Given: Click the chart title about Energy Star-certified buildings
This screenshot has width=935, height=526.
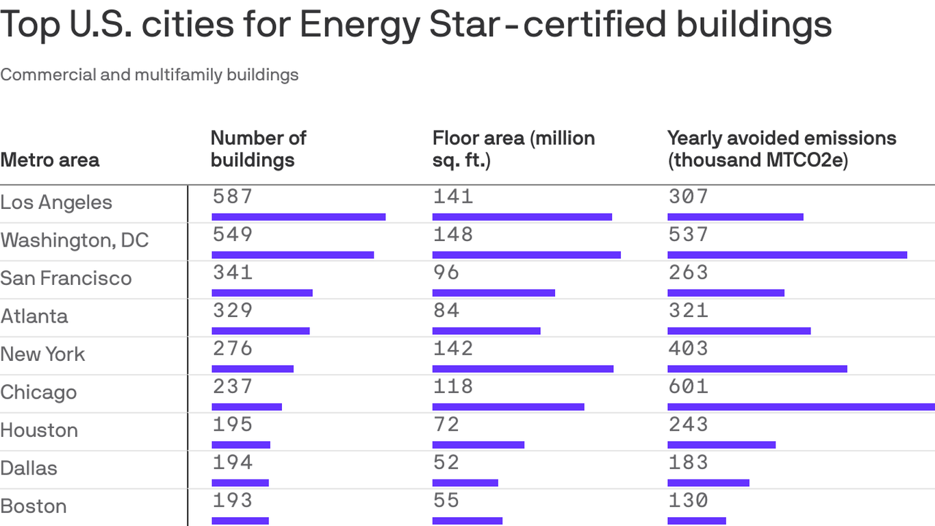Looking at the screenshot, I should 416,24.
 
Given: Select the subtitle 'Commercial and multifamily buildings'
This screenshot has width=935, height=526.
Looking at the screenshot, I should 149,75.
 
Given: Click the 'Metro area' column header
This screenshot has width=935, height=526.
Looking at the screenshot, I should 50,160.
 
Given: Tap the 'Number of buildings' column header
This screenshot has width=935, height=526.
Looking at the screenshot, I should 258,149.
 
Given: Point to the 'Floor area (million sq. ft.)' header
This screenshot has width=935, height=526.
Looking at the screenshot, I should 513,149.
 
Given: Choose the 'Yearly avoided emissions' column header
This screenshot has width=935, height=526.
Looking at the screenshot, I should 781,149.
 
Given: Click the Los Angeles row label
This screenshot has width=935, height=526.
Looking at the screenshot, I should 56,203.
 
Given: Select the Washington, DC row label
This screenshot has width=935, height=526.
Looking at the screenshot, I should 75,240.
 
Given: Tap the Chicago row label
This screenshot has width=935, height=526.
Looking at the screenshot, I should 38,392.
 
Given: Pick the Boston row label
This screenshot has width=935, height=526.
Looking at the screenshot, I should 34,506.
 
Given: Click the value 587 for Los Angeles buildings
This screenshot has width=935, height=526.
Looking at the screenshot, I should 233,197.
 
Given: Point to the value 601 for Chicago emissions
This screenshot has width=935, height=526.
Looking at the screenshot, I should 689,386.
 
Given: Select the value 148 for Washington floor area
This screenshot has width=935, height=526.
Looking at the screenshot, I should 453,234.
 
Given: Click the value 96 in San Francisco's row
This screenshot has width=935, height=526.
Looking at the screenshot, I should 446,273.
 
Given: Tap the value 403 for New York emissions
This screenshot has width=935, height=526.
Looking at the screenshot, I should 689,349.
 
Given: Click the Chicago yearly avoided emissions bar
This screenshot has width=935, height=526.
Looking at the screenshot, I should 801,407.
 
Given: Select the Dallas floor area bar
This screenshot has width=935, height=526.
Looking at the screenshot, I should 465,483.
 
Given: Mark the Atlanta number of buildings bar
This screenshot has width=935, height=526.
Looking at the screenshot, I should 261,331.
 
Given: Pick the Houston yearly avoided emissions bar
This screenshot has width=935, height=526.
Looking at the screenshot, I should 721,444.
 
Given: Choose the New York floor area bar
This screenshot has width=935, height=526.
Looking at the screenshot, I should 523,368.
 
